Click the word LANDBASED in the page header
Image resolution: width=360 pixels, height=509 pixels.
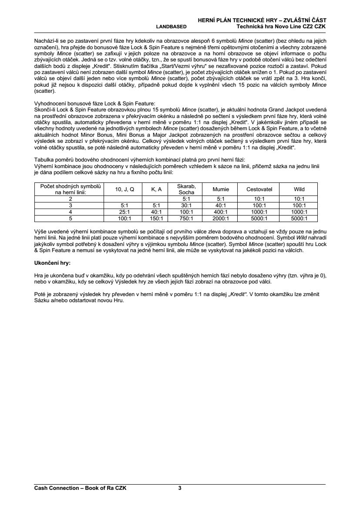coord(171,27)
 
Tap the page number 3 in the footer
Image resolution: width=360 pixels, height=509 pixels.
coord(180,488)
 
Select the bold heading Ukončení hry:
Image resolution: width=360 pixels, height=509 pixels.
coord(52,263)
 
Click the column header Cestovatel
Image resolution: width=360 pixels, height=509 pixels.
coord(259,189)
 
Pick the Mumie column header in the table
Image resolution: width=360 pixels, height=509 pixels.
coord(221,189)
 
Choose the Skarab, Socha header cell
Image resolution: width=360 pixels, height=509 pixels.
coord(186,189)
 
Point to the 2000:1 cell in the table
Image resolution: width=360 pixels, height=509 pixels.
coord(221,219)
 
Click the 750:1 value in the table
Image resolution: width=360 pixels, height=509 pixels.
coord(186,219)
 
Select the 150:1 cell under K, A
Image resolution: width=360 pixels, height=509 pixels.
coord(156,219)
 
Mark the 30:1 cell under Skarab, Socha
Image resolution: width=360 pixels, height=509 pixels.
coord(186,205)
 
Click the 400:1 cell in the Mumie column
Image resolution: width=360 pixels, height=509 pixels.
coord(221,212)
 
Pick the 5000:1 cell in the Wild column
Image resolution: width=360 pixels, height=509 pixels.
coord(299,219)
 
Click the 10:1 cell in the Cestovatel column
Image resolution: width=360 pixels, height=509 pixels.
coord(259,199)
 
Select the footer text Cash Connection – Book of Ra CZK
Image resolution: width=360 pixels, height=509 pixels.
coord(80,488)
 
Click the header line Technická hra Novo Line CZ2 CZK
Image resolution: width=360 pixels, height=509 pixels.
coord(282,27)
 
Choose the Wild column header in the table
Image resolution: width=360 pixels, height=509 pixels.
coord(299,189)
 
